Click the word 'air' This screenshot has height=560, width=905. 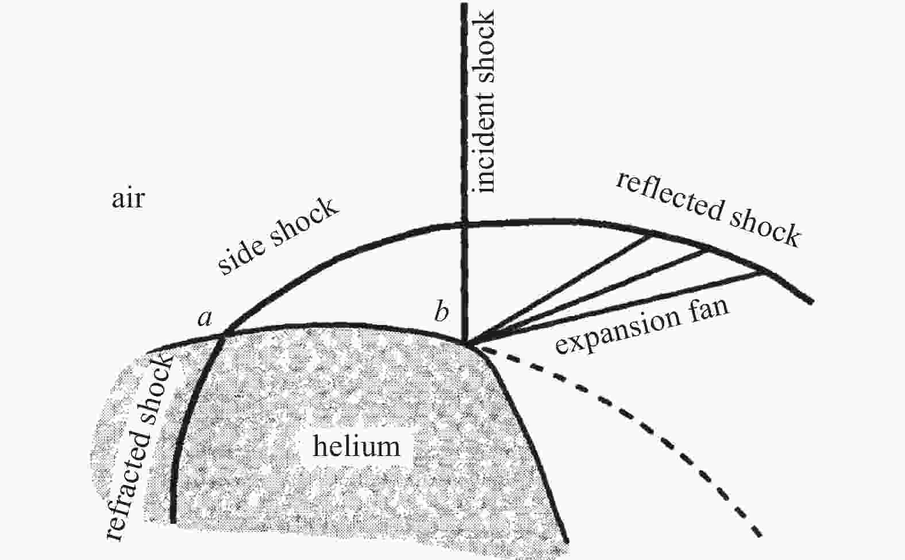pyautogui.click(x=128, y=199)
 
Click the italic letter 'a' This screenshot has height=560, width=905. pyautogui.click(x=205, y=318)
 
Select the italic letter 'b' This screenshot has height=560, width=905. pyautogui.click(x=442, y=311)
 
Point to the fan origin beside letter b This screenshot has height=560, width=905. pyautogui.click(x=466, y=344)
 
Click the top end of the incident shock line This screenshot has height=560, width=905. pyautogui.click(x=464, y=4)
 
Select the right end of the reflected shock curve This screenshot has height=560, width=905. pyautogui.click(x=811, y=302)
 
